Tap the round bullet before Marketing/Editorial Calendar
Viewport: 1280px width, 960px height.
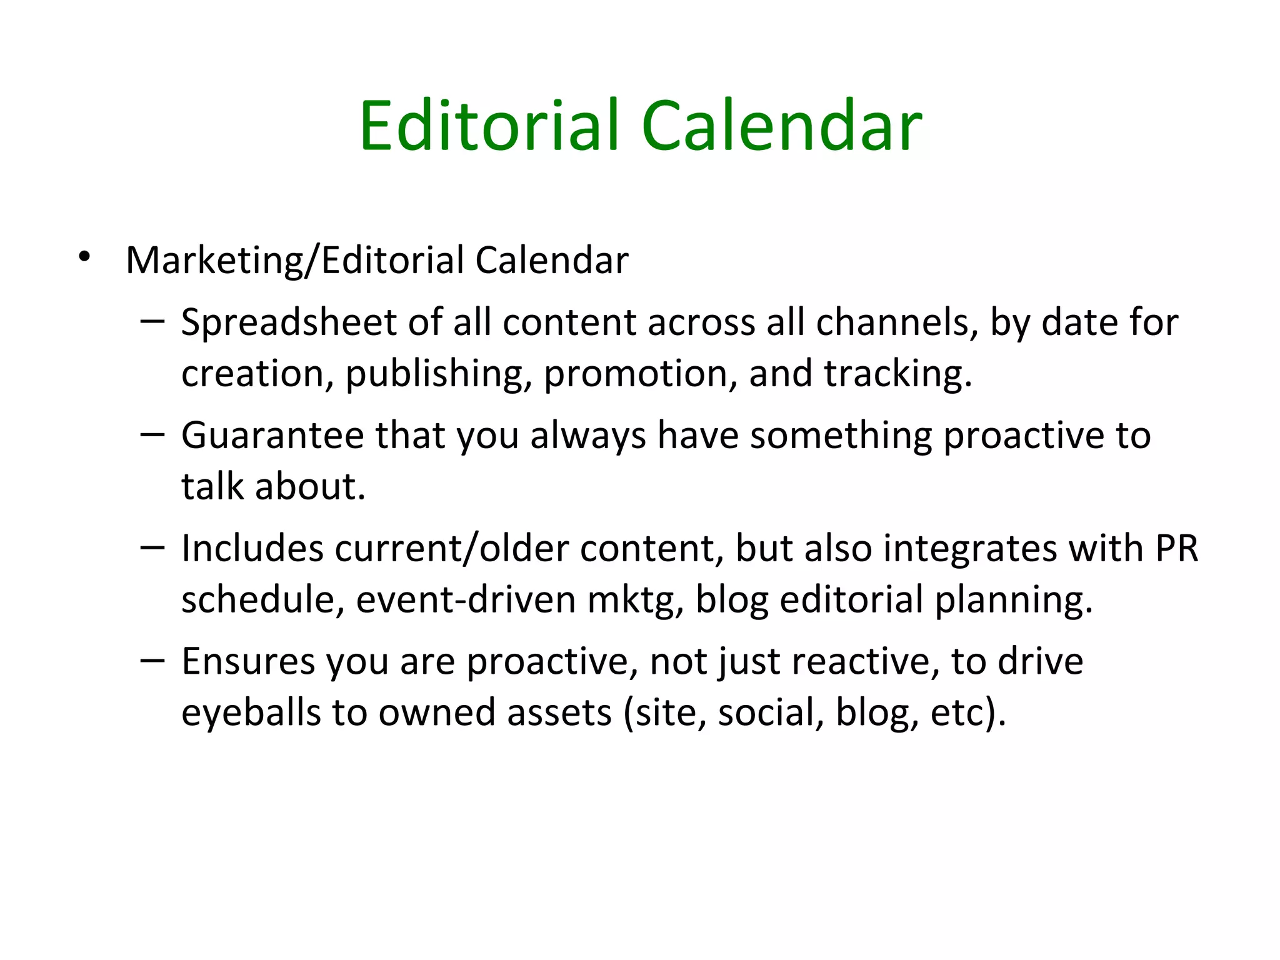point(84,256)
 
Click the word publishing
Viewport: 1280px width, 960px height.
point(434,374)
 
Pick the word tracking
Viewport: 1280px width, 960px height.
point(897,374)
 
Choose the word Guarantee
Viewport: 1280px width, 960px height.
point(272,436)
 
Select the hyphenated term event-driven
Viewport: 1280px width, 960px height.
point(466,599)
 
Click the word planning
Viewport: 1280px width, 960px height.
point(1014,601)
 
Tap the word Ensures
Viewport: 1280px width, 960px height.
point(248,662)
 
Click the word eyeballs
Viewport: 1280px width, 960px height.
point(251,713)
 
